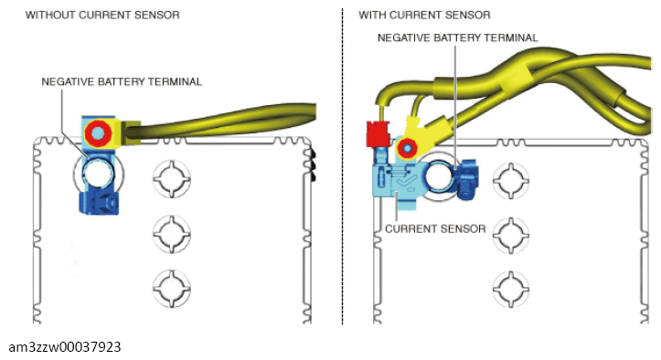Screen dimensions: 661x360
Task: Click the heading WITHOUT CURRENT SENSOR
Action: point(102,16)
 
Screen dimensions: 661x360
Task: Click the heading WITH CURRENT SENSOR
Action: point(424,16)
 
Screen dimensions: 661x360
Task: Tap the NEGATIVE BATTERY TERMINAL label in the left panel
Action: point(122,82)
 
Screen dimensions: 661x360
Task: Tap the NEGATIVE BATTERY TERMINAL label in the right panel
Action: point(458,38)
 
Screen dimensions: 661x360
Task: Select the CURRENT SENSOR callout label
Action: point(435,229)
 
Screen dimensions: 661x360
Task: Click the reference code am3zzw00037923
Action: point(65,347)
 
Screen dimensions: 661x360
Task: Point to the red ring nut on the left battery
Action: point(98,133)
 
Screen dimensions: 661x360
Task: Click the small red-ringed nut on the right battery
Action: point(407,148)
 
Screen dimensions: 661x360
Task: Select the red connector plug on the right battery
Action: point(378,133)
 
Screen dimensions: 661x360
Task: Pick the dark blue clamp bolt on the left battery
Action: point(100,203)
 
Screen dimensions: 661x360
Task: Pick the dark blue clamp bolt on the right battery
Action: point(466,179)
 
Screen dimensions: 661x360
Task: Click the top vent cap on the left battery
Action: point(172,179)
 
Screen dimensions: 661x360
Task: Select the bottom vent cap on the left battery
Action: point(172,289)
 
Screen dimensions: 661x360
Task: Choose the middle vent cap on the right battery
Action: point(511,235)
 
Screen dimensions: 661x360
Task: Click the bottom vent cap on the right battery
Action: point(511,289)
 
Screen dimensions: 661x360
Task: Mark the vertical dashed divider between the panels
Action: point(342,166)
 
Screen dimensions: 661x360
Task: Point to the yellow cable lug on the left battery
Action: point(131,132)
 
